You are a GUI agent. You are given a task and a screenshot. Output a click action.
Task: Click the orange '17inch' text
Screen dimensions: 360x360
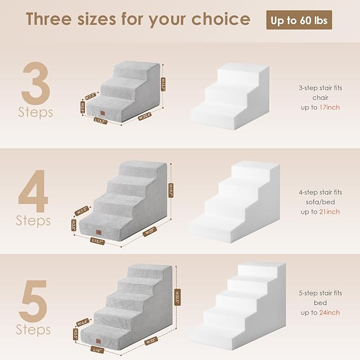330,107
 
